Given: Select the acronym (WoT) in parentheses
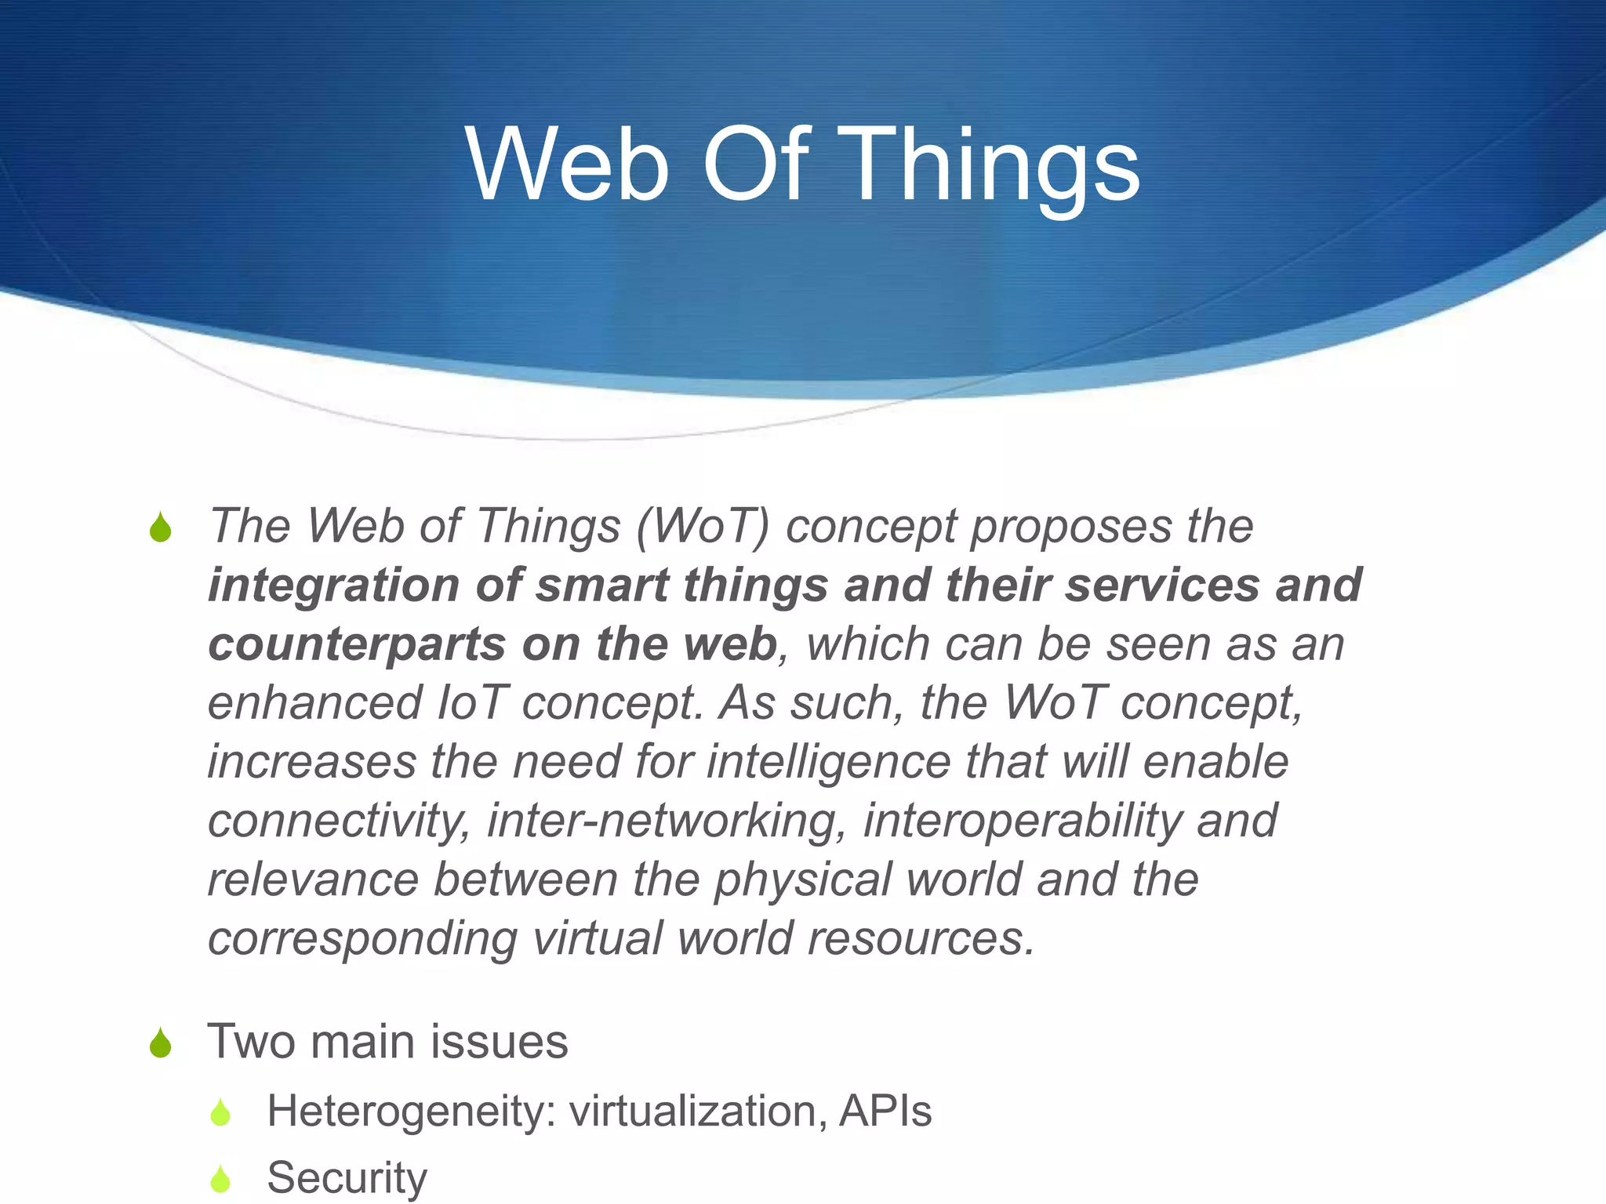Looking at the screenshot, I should tap(703, 526).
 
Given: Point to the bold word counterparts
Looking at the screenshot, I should tap(357, 644).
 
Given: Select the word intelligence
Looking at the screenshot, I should tap(829, 762).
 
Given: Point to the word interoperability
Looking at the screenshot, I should tap(1022, 821).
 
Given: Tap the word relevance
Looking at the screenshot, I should tap(313, 880).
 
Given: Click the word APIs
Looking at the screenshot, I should tap(885, 1112).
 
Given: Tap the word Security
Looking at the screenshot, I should tap(347, 1177).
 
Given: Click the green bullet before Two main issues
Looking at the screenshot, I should tap(161, 1043).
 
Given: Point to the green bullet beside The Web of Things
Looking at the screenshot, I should tap(161, 528).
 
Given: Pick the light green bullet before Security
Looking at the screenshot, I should tap(221, 1179).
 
